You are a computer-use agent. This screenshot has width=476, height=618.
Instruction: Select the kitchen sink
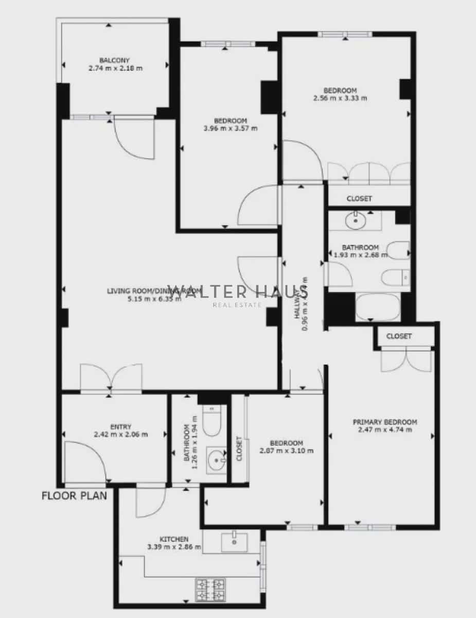pos(234,541)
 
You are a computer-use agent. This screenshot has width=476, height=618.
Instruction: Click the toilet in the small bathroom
pos(211,421)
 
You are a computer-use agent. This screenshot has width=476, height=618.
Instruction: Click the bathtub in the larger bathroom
pos(378,307)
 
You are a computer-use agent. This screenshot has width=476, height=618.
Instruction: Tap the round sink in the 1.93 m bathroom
pos(355,221)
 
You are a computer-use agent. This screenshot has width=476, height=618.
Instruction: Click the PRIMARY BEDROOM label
pos(384,422)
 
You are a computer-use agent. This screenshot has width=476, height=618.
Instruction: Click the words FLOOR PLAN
pos(74,496)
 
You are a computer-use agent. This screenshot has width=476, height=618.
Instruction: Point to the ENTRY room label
pos(120,426)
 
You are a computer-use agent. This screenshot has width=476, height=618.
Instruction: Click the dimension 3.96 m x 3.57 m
pos(231,128)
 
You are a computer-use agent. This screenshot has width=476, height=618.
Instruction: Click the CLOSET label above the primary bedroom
pos(399,336)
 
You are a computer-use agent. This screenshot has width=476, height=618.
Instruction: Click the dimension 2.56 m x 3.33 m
pos(340,98)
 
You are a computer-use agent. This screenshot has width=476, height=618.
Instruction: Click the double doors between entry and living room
pos(111,379)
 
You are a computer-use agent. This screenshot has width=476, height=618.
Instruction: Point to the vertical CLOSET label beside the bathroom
pos(239,448)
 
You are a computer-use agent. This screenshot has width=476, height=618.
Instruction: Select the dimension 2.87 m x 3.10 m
pos(287,451)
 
